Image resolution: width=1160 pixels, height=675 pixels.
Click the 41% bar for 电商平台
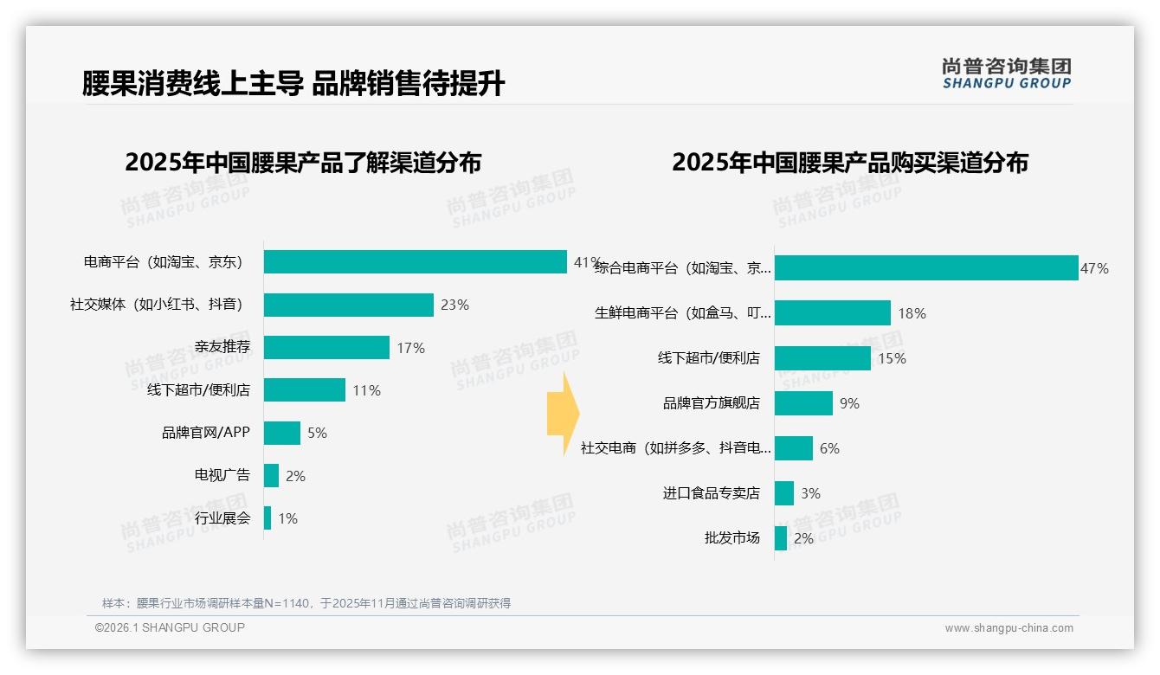point(416,262)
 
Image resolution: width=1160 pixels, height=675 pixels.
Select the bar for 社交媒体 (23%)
point(348,305)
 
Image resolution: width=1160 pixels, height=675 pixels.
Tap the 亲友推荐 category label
point(222,348)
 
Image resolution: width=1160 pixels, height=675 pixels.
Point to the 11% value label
point(366,390)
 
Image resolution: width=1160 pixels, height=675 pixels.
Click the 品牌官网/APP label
point(205,433)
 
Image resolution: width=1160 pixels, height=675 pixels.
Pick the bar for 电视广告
point(271,475)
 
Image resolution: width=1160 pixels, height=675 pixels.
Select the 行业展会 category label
point(222,518)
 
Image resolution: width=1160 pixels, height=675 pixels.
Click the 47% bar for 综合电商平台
point(925,268)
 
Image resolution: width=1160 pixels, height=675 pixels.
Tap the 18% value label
point(912,313)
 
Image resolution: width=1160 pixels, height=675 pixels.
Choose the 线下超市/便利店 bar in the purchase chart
point(822,358)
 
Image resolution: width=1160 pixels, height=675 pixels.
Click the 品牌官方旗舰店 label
point(711,403)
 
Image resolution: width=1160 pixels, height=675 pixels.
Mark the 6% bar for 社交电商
point(793,448)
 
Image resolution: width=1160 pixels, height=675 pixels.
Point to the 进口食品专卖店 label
point(711,493)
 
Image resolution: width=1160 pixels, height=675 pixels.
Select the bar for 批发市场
point(780,538)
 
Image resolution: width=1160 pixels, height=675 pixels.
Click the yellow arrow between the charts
point(563,415)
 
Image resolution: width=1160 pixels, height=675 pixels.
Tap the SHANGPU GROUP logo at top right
point(1006,74)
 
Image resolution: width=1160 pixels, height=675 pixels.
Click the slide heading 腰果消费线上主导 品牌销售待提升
point(293,84)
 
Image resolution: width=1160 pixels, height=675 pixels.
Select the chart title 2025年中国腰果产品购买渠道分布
point(849,163)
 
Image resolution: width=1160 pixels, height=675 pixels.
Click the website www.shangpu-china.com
point(1009,628)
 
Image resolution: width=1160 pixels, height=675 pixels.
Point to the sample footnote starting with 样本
point(306,603)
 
